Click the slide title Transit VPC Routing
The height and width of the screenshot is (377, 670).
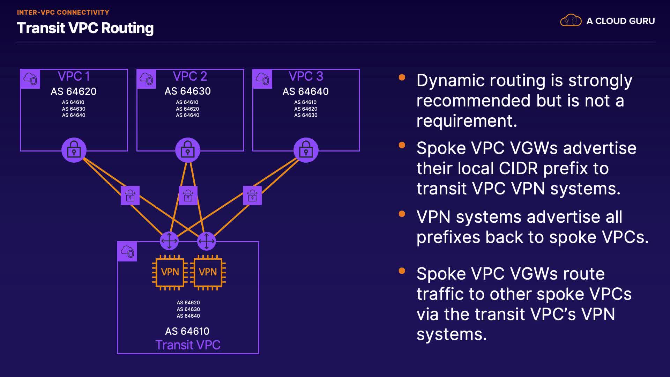85,28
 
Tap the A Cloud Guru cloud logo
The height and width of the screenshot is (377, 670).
571,21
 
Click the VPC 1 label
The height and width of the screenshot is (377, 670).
74,76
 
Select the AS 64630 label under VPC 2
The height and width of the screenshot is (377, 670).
188,91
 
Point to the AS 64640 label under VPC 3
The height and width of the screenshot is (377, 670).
305,91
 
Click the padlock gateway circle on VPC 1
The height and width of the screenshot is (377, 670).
74,150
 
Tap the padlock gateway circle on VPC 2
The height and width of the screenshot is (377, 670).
188,150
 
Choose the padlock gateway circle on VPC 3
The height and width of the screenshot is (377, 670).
306,150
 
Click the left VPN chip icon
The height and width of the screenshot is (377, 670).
170,272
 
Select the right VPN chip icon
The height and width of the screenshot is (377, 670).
208,272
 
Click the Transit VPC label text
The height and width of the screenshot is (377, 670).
188,345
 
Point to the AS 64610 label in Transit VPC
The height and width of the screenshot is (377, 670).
187,331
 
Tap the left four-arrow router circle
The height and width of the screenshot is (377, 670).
169,241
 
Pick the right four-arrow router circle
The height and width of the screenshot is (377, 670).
206,241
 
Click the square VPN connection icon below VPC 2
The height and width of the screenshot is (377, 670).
188,195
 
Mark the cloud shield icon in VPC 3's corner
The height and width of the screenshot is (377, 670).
262,79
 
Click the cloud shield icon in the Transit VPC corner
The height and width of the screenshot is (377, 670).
127,251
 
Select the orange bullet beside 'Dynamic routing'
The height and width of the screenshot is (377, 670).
402,77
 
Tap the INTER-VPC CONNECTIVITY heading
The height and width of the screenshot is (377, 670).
63,13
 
